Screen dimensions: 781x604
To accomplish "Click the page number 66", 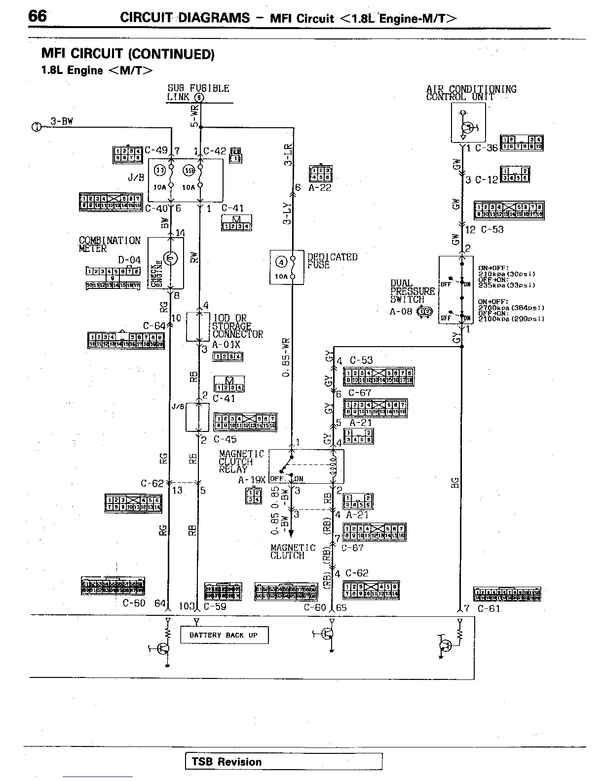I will (38, 16).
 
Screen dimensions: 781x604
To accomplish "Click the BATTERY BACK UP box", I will (224, 635).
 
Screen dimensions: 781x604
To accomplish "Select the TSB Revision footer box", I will (284, 761).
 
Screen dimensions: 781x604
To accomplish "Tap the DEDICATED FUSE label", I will (332, 261).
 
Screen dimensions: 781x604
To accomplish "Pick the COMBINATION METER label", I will (110, 245).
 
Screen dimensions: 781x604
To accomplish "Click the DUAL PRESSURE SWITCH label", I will (413, 291).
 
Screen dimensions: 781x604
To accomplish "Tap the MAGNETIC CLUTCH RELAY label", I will (241, 461).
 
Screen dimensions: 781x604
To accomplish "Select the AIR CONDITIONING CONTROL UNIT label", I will (471, 93).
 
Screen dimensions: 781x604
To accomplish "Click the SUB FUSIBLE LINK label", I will (197, 93).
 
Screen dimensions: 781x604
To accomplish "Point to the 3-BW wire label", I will (61, 121).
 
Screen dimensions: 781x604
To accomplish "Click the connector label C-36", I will (486, 148).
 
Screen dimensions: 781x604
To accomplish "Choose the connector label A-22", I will (320, 188).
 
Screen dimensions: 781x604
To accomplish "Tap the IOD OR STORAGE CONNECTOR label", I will (237, 326).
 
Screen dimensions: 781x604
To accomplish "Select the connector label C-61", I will (489, 608).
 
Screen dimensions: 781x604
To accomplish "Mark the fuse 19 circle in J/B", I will (189, 171).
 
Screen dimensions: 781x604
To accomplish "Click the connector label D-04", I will (129, 260).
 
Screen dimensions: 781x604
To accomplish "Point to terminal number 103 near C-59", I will (187, 606).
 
